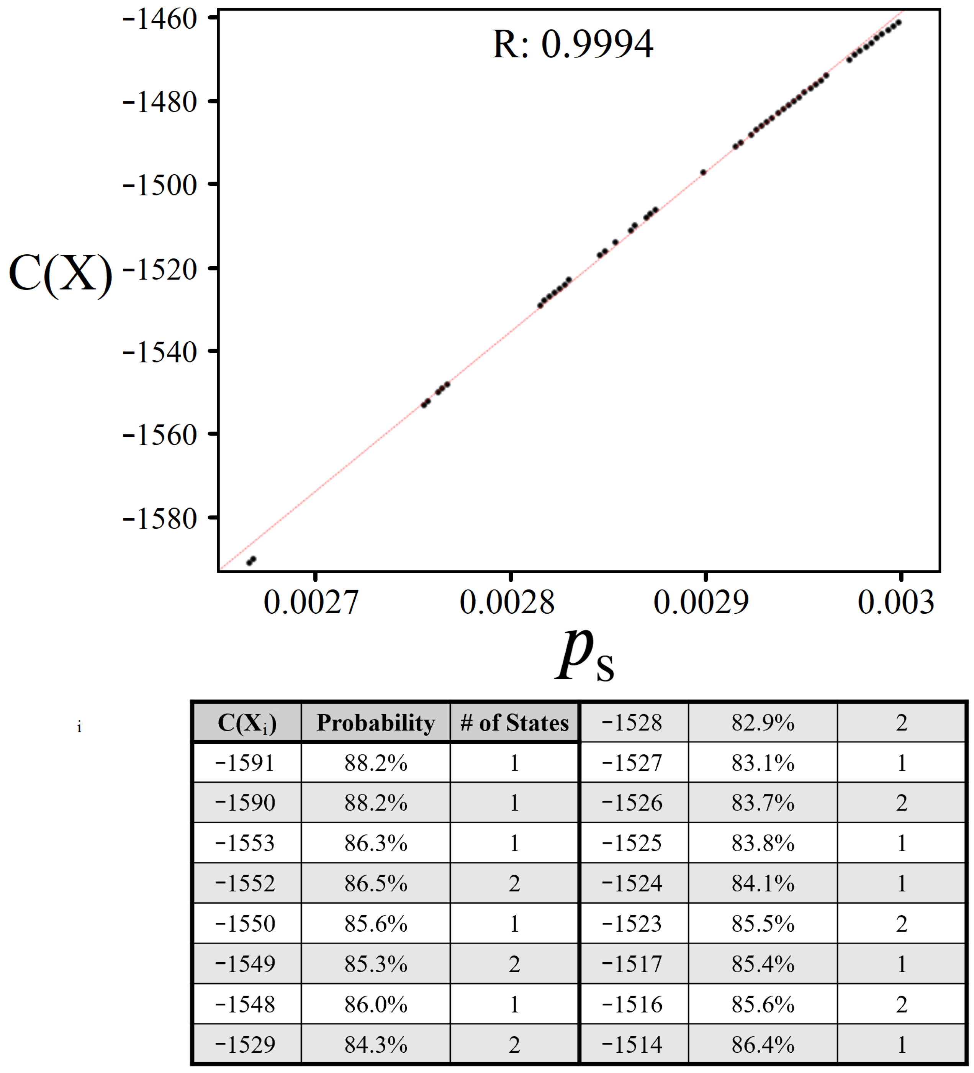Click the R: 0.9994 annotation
pyautogui.click(x=573, y=44)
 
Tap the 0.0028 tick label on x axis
pyautogui.click(x=507, y=603)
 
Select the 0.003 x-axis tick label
pyautogui.click(x=896, y=603)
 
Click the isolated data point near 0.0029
pyautogui.click(x=703, y=172)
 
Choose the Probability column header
pyautogui.click(x=376, y=723)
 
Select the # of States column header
pyautogui.click(x=514, y=723)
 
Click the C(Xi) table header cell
pyautogui.click(x=247, y=723)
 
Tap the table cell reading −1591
pyautogui.click(x=245, y=763)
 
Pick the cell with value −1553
pyautogui.click(x=245, y=843)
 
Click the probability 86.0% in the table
pyautogui.click(x=376, y=1004)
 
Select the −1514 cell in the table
pyautogui.click(x=632, y=1044)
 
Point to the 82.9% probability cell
pyautogui.click(x=763, y=723)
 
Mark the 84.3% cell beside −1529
pyautogui.click(x=376, y=1044)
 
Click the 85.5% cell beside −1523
pyautogui.click(x=763, y=924)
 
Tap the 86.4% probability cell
pyautogui.click(x=763, y=1044)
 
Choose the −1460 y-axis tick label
pyautogui.click(x=160, y=20)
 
